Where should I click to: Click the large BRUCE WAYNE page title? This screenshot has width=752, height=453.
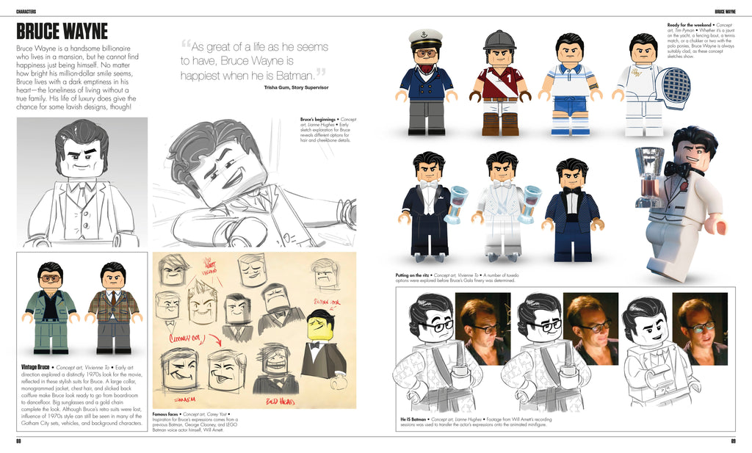[x=62, y=32]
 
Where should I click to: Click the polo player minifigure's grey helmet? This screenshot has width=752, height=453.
[x=499, y=39]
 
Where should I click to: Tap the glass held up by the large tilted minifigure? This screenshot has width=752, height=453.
[x=649, y=170]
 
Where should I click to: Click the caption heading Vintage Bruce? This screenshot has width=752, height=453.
[x=35, y=366]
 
